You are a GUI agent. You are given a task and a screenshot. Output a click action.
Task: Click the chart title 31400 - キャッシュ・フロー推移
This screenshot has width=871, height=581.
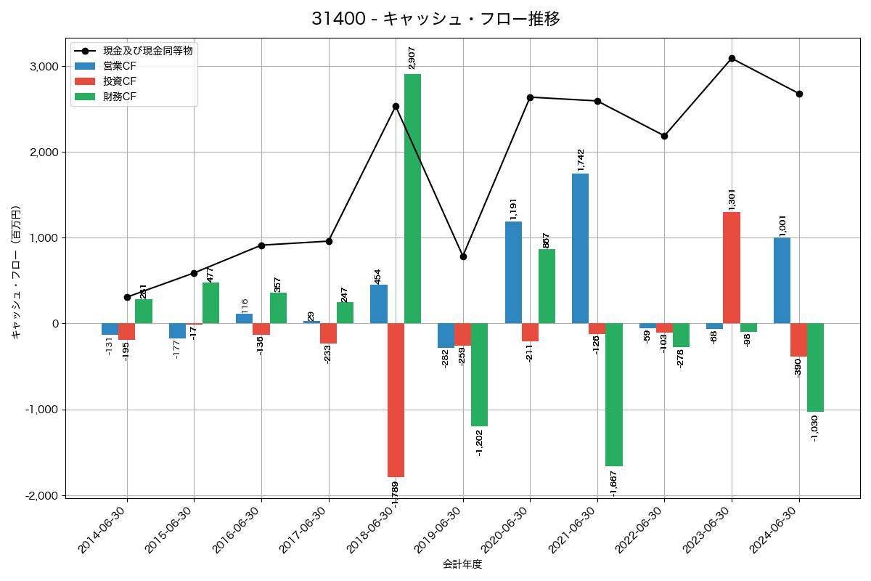click(435, 19)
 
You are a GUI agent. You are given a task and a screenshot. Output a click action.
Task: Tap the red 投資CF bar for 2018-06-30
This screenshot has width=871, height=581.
click(396, 399)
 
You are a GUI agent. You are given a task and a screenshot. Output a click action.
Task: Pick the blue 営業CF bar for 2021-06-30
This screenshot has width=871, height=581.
click(580, 248)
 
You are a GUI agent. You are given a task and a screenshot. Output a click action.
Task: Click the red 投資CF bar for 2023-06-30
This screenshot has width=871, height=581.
click(732, 267)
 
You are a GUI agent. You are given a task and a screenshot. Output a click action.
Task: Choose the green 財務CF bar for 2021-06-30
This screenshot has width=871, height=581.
click(614, 394)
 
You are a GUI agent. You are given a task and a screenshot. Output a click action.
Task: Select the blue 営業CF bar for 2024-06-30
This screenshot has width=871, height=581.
click(782, 280)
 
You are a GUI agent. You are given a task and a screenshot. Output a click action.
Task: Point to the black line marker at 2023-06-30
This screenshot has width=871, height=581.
click(732, 58)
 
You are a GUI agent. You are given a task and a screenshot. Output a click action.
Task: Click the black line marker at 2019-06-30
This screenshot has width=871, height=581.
click(463, 256)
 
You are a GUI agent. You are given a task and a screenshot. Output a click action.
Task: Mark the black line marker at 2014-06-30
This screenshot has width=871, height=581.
click(127, 297)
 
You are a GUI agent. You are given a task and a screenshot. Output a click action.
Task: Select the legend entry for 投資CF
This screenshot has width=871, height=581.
click(120, 81)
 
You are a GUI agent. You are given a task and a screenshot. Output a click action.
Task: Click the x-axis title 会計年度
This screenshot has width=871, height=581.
click(462, 564)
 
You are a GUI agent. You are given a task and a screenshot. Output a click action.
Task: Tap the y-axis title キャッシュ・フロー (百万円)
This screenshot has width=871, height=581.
click(16, 272)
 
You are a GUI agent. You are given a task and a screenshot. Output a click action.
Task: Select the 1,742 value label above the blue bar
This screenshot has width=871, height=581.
click(581, 160)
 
